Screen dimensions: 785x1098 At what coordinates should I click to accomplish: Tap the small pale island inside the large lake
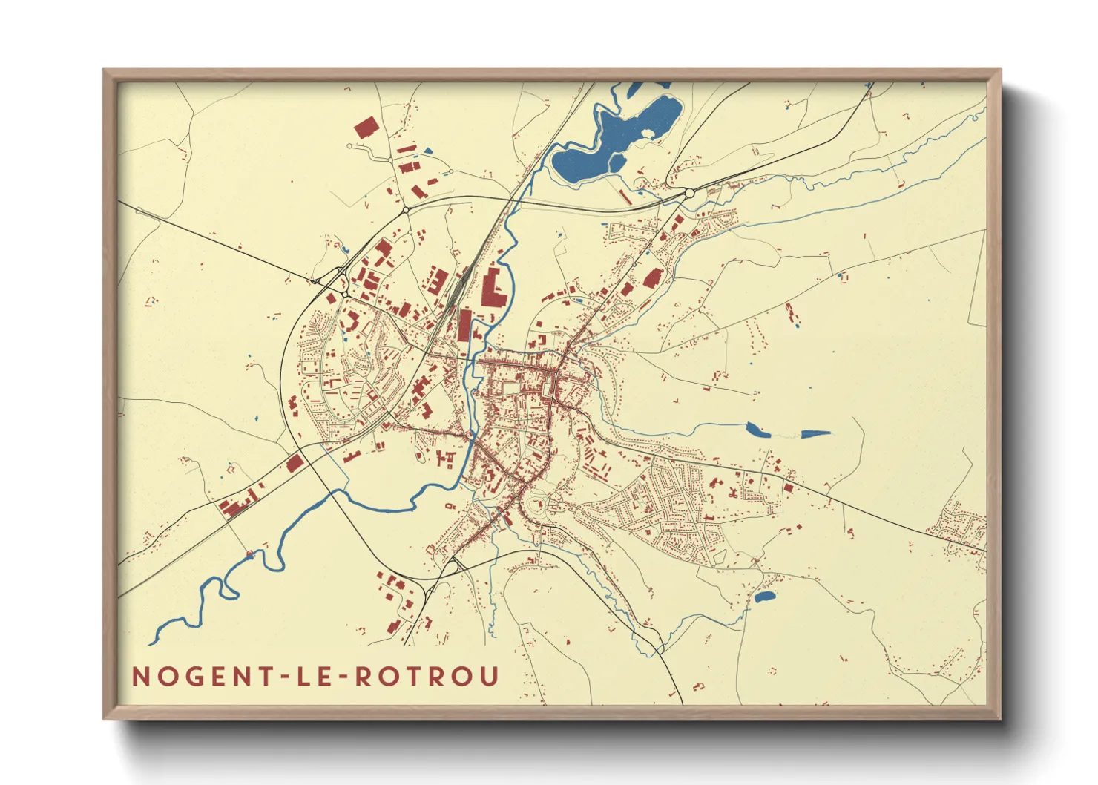(649, 134)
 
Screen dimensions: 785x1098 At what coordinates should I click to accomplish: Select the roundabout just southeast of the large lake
(689, 193)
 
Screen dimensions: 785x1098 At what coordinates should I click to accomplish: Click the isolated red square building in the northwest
(365, 128)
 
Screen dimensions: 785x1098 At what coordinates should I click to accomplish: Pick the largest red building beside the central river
(491, 289)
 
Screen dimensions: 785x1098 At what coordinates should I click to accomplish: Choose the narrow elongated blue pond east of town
(815, 433)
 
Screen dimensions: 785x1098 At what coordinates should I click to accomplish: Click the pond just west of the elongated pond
(755, 429)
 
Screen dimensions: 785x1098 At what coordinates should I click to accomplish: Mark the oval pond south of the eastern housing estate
(764, 595)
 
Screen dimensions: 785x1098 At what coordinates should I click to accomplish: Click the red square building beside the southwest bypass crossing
(295, 463)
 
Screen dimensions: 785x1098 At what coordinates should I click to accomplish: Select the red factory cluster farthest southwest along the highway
(235, 507)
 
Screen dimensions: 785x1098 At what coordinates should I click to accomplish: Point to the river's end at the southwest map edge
(153, 642)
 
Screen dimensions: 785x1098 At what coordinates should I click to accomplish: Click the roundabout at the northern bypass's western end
(406, 211)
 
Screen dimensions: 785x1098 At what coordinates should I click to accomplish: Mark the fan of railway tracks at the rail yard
(454, 289)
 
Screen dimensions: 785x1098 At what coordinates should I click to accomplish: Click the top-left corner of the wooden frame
(105, 70)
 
